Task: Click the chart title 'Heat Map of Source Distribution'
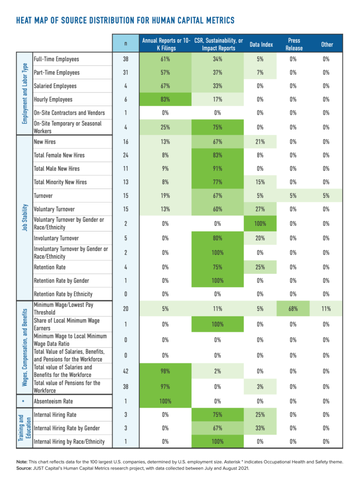point(125,21)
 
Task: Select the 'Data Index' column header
point(260,45)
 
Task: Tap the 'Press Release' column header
point(293,45)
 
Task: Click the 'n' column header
point(126,45)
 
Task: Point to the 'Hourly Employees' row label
point(53,99)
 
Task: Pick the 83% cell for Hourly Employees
point(165,99)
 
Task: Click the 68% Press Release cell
point(293,309)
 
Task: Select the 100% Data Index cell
point(260,224)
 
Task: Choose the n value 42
point(126,371)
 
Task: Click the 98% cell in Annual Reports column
point(165,371)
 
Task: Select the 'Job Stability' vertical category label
point(24,217)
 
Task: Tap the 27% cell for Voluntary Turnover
point(260,210)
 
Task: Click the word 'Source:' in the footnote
point(25,468)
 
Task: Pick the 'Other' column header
point(327,45)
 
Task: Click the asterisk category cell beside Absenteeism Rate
point(24,401)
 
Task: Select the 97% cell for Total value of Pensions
point(165,387)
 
